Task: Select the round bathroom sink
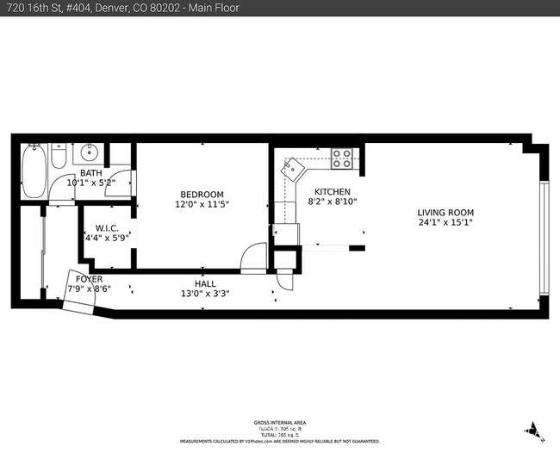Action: pyautogui.click(x=86, y=155)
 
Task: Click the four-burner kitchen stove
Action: pyautogui.click(x=341, y=158)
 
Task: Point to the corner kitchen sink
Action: pyautogui.click(x=295, y=166)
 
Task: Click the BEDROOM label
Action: pyautogui.click(x=202, y=194)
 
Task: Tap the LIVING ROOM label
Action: pyautogui.click(x=445, y=213)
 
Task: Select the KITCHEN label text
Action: pyautogui.click(x=332, y=191)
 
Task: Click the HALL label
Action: pyautogui.click(x=205, y=283)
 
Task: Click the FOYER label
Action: pyautogui.click(x=89, y=279)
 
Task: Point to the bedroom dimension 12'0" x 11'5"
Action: pyautogui.click(x=202, y=204)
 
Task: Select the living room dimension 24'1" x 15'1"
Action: pyautogui.click(x=445, y=223)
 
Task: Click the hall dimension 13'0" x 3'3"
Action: pyautogui.click(x=205, y=294)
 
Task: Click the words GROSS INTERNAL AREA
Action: pyautogui.click(x=279, y=422)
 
